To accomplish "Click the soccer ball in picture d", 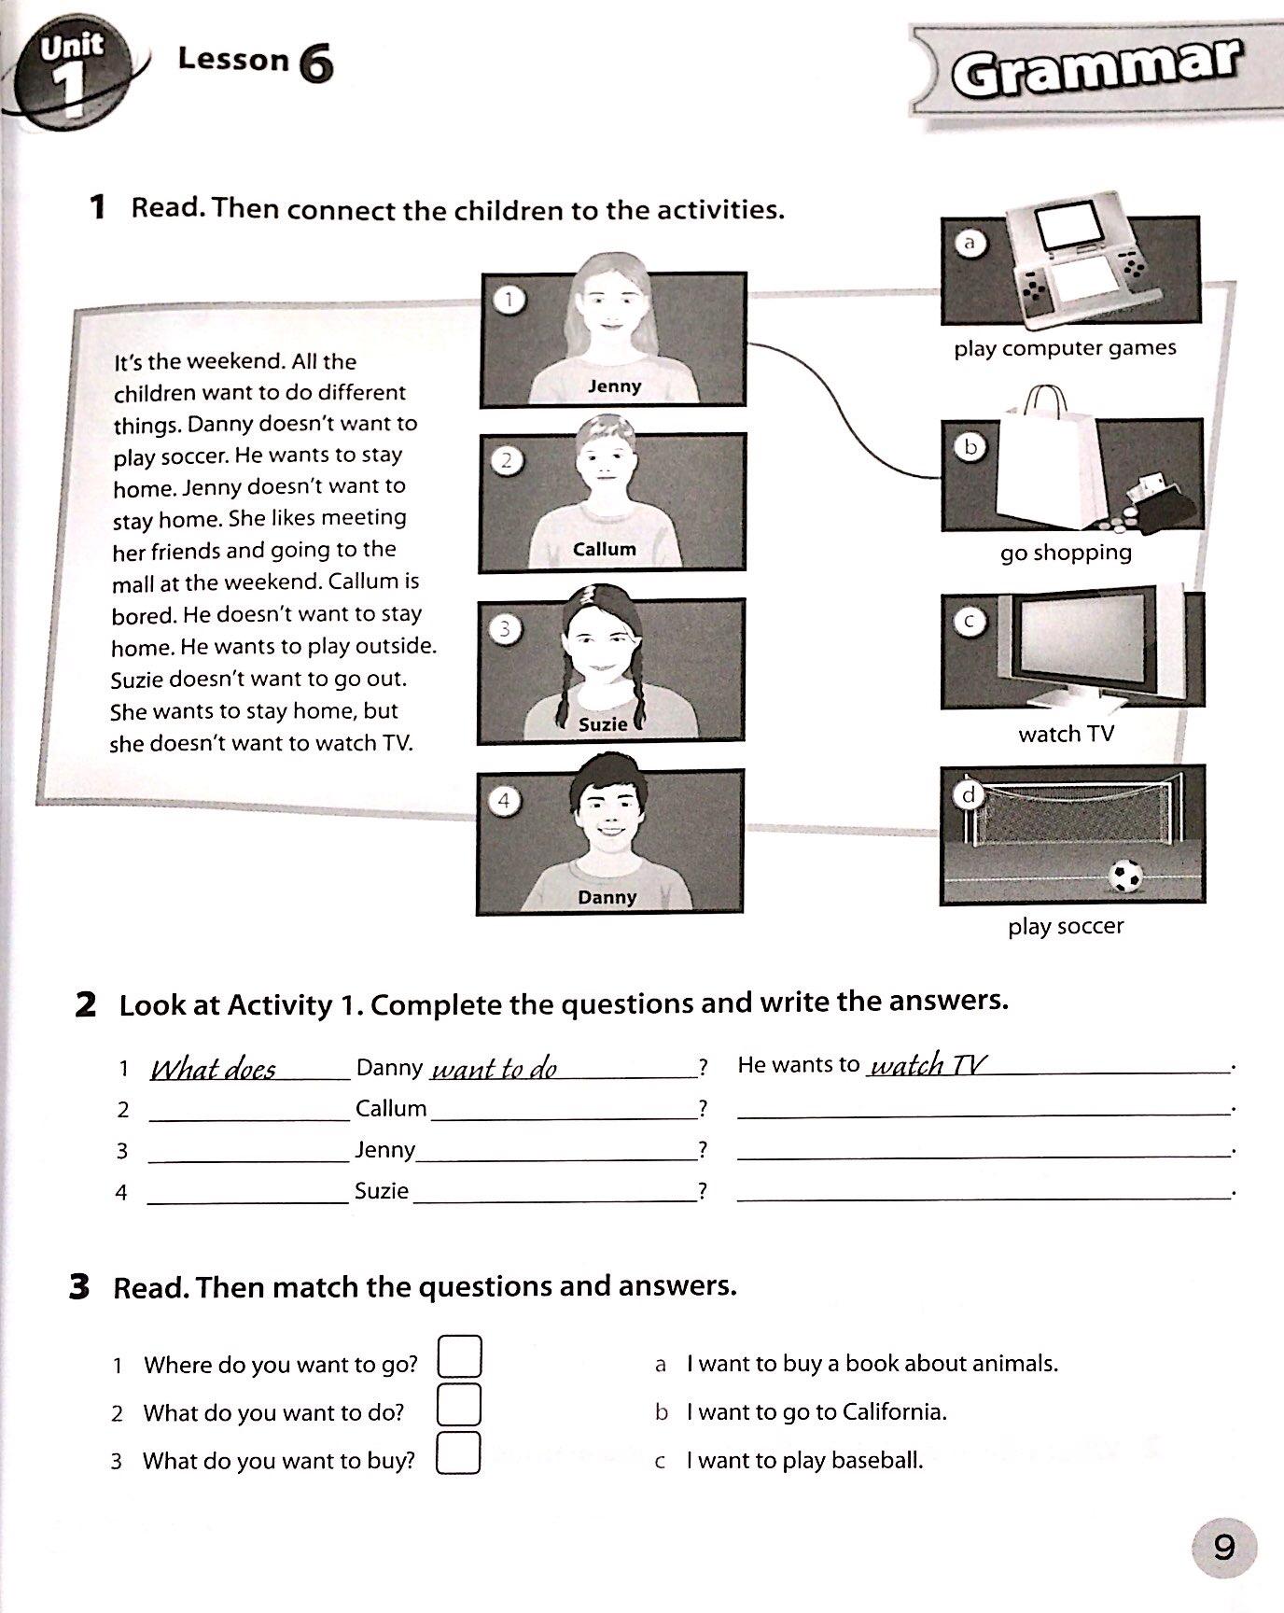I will click(x=1125, y=877).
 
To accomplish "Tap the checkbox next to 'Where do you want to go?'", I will click(x=459, y=1357).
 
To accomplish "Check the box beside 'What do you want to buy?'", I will click(x=458, y=1453).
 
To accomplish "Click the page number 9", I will click(x=1223, y=1547).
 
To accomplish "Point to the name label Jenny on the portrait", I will click(x=615, y=386).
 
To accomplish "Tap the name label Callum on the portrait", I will click(x=605, y=549).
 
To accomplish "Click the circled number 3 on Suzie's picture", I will click(x=505, y=629).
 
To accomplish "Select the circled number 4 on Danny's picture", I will click(x=504, y=801).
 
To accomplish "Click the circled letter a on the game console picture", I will click(x=970, y=243).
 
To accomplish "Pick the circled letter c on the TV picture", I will click(x=970, y=622).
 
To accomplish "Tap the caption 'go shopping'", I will click(x=1066, y=553).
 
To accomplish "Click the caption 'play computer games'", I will click(x=1065, y=348).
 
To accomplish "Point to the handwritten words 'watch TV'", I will click(x=928, y=1065).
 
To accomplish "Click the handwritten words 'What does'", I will click(x=214, y=1069).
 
